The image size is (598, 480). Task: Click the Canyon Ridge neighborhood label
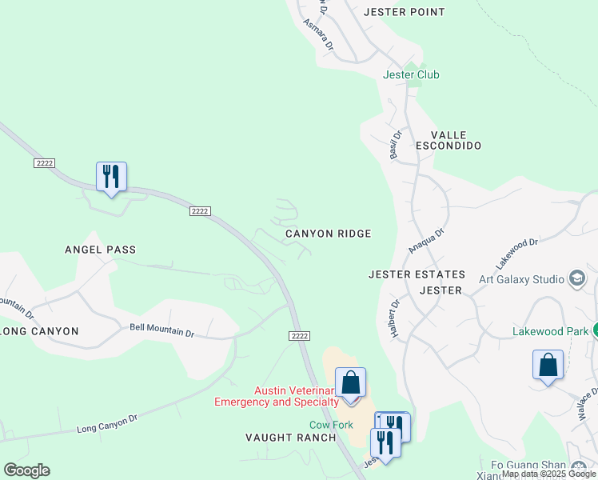(329, 234)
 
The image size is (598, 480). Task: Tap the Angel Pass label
(100, 250)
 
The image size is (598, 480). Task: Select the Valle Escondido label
(448, 141)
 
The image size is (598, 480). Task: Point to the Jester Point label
(404, 12)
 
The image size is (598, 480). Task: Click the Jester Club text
(411, 74)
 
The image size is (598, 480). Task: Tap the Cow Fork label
(331, 425)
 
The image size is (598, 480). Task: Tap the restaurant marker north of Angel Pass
(111, 176)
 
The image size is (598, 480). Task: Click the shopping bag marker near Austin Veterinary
(350, 382)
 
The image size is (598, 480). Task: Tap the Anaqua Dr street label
(426, 238)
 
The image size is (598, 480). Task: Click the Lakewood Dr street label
(517, 251)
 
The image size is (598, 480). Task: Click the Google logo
(26, 470)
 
